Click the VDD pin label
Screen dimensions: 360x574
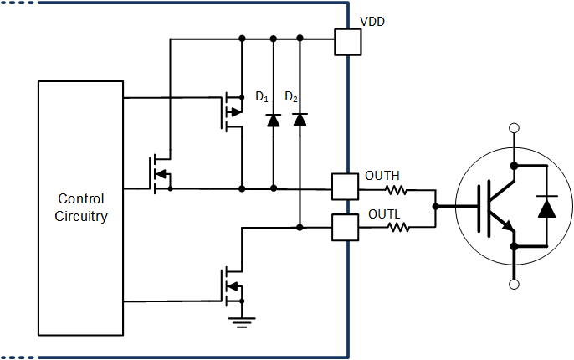coord(372,22)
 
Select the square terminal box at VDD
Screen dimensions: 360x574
coord(347,42)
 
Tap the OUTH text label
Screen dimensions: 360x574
coord(382,176)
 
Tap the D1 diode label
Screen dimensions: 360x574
coord(262,98)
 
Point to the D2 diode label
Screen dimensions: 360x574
coord(291,98)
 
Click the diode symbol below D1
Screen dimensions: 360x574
coord(273,120)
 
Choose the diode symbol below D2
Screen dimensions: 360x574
coord(300,120)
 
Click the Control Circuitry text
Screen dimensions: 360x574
coord(81,208)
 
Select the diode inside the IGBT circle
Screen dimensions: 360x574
coord(547,206)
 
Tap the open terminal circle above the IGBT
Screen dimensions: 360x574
coord(515,128)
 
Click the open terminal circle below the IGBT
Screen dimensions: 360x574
coord(515,285)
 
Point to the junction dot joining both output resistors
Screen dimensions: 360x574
coord(435,205)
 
